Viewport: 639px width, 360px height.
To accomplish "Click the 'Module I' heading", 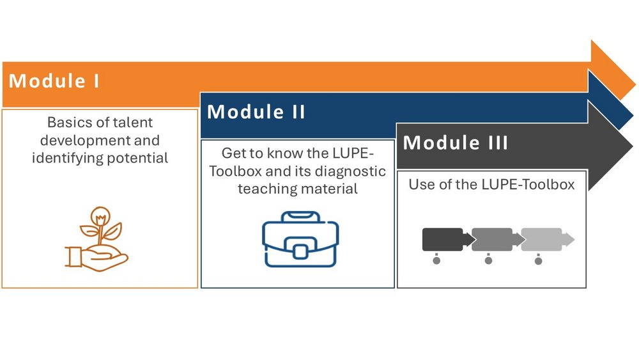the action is tap(54, 81).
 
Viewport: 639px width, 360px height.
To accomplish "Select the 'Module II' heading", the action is tap(256, 112).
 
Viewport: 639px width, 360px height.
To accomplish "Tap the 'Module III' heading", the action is tap(455, 143).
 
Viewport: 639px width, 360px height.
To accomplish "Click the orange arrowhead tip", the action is tap(635, 85).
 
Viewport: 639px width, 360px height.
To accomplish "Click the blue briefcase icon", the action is tap(300, 239).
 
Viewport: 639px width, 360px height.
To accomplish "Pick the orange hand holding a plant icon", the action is tap(96, 239).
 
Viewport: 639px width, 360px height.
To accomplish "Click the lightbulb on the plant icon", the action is tap(100, 216).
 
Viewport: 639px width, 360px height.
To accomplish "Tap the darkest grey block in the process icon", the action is tap(443, 239).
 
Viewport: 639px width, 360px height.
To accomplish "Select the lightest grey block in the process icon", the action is tap(542, 239).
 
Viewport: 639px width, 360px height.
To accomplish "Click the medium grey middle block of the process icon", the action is tap(492, 239).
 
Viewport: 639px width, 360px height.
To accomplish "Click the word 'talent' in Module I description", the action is tap(132, 122).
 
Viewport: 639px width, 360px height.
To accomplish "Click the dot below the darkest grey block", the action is tap(436, 260).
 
